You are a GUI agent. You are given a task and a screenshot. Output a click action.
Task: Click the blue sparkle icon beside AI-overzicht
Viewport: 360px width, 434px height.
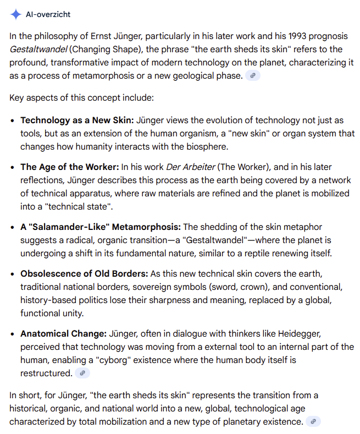16,14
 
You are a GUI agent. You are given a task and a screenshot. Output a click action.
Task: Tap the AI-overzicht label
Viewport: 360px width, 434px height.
48,14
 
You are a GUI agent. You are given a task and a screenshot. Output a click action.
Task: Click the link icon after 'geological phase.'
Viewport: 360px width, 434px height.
252,76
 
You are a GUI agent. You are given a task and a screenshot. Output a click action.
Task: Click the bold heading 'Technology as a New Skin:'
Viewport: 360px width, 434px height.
77,120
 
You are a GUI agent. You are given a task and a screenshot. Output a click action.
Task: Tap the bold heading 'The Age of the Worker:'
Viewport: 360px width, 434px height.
69,167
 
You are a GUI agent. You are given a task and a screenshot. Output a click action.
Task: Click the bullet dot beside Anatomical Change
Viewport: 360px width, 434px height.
13,334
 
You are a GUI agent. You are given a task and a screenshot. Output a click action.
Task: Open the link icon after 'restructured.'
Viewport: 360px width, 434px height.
82,373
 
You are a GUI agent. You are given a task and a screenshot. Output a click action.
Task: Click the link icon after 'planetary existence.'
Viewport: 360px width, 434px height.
313,422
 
